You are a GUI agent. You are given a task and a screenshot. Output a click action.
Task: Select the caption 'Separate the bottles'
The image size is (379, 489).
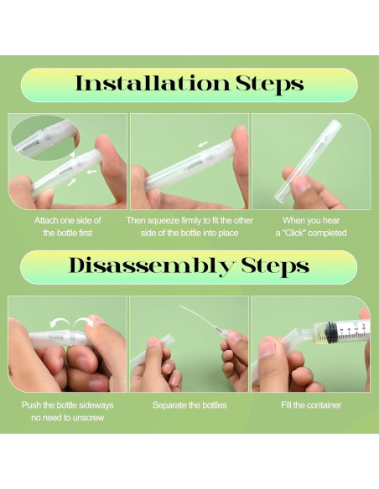[x=189, y=405]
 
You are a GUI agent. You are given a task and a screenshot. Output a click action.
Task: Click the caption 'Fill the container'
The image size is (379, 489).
[x=310, y=405]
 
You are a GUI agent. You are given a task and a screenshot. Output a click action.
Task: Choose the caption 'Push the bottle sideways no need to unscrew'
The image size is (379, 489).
[x=66, y=411]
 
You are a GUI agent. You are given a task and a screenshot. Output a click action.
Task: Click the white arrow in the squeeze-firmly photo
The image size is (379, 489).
[x=204, y=144]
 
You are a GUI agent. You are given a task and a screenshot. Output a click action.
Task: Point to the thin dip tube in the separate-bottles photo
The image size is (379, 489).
[x=201, y=319]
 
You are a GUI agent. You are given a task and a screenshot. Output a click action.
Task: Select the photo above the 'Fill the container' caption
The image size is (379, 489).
[x=310, y=343]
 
